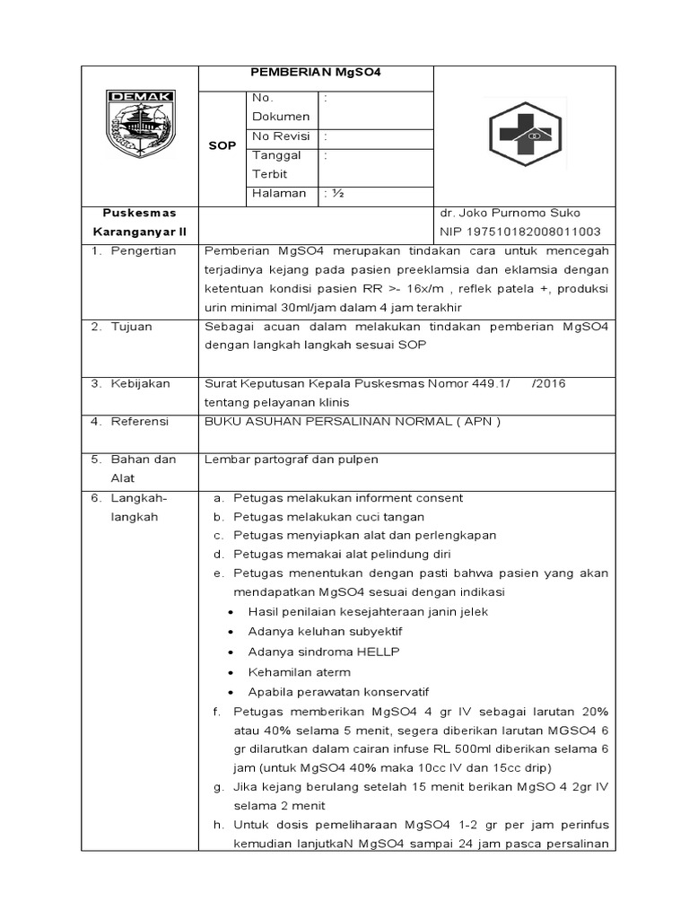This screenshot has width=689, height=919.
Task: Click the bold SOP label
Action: tap(222, 145)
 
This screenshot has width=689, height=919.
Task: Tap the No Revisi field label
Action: tap(281, 136)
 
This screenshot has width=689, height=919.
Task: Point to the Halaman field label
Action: tap(279, 193)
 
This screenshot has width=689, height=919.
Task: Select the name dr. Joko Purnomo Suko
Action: tap(510, 213)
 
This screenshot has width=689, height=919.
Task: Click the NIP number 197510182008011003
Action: tap(518, 232)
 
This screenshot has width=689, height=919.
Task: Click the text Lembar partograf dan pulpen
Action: tap(292, 459)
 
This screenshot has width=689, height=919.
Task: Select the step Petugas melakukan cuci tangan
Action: tap(328, 517)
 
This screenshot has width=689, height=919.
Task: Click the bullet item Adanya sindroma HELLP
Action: tap(324, 651)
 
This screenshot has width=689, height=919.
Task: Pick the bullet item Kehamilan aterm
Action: tap(299, 671)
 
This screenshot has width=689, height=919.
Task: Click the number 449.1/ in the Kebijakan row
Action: tap(489, 383)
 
